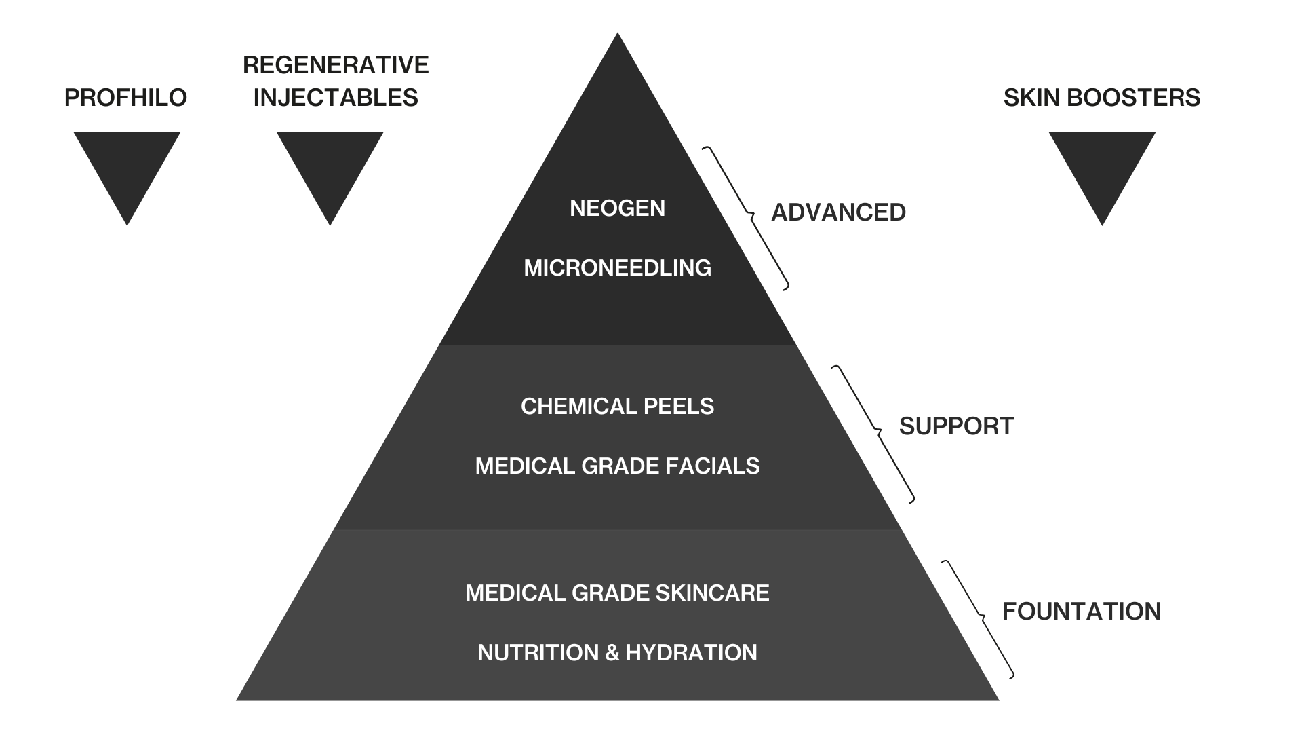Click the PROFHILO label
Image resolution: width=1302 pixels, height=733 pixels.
pyautogui.click(x=125, y=98)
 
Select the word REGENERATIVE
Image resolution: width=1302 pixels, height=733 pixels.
pyautogui.click(x=336, y=65)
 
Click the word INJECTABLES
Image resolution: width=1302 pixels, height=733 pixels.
pyautogui.click(x=336, y=98)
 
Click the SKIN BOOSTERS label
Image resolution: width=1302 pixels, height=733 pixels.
pyautogui.click(x=1101, y=98)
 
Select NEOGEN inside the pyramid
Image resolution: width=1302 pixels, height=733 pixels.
pyautogui.click(x=617, y=208)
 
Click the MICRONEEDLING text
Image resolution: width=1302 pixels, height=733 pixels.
pyautogui.click(x=617, y=267)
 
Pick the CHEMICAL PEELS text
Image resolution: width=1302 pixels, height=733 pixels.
pyautogui.click(x=617, y=406)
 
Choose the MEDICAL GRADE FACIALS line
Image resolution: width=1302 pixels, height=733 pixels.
pyautogui.click(x=617, y=466)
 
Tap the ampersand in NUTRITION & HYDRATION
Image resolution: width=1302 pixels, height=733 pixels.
pyautogui.click(x=612, y=652)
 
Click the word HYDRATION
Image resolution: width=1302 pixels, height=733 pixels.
pyautogui.click(x=691, y=652)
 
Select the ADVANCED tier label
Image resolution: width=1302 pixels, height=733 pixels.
pyautogui.click(x=838, y=212)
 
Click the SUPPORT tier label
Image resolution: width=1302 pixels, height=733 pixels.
pyautogui.click(x=956, y=426)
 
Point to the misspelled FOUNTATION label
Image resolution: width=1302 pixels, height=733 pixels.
pyautogui.click(x=1081, y=612)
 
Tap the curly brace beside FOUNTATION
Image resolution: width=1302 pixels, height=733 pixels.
pyautogui.click(x=979, y=618)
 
